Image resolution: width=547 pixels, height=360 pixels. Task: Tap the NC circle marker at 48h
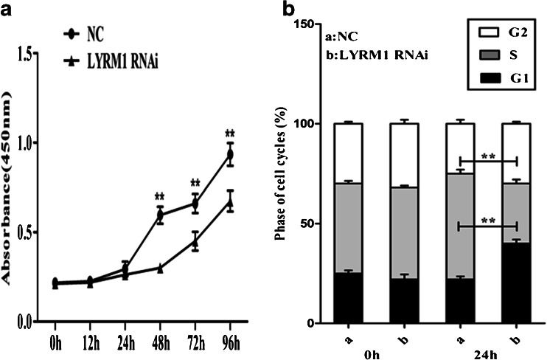[x=159, y=215]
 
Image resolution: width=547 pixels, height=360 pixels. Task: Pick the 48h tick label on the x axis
[x=158, y=345]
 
